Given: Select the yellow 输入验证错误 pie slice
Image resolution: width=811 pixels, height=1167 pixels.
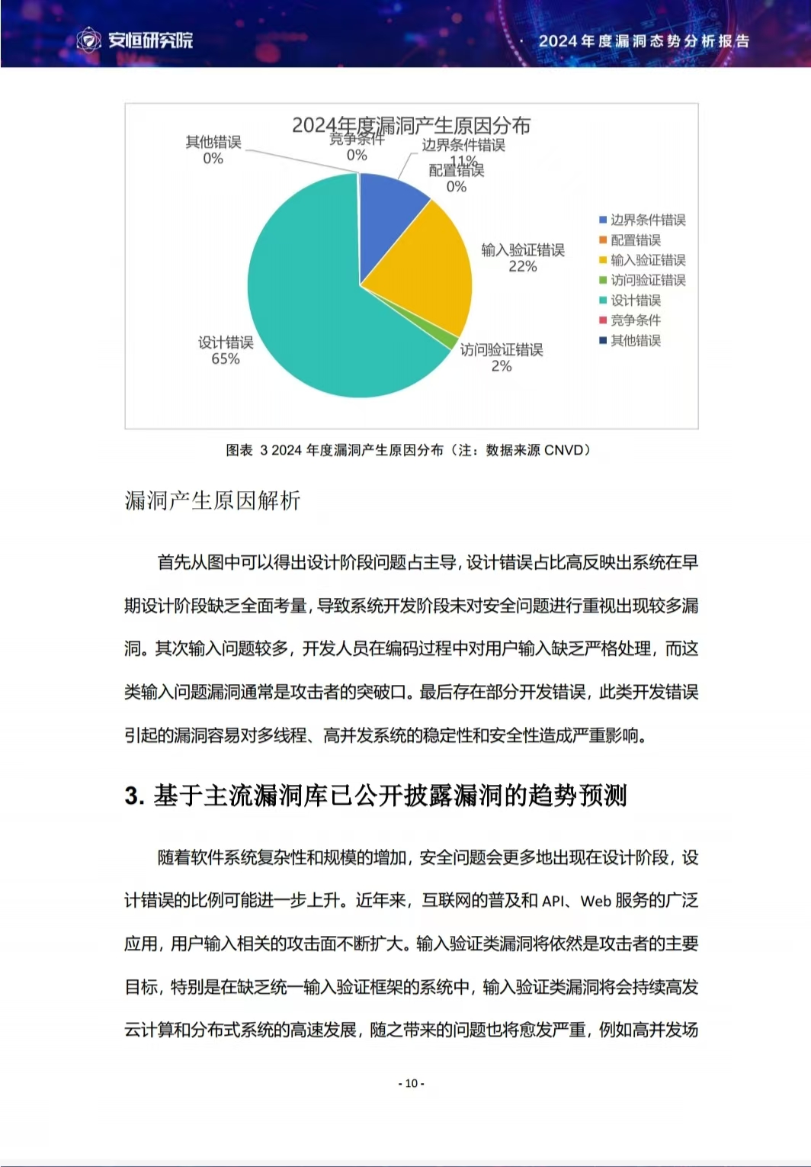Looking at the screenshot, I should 423,259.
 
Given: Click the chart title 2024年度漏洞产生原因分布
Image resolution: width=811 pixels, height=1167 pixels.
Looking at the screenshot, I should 411,124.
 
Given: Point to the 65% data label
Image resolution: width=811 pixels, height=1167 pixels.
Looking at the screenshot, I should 226,359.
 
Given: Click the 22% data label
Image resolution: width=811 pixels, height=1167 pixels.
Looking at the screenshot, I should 523,267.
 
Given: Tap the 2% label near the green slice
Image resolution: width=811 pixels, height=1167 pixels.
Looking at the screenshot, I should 502,367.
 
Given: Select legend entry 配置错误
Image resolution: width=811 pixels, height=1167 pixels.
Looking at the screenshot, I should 635,240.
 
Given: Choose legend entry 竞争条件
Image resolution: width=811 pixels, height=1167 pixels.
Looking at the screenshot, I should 635,320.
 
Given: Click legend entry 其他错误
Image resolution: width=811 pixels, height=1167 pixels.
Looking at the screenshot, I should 635,340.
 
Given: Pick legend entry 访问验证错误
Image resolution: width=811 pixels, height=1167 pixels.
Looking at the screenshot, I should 647,280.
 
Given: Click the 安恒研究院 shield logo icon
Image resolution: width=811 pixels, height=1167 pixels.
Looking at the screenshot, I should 89,40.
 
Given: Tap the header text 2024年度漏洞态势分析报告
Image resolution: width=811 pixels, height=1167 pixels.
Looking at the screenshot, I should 644,41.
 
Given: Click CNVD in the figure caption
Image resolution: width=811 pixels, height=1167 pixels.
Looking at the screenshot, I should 564,450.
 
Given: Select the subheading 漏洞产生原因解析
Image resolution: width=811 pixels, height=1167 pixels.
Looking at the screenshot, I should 213,500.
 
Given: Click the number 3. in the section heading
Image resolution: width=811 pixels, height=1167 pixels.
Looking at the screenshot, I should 134,796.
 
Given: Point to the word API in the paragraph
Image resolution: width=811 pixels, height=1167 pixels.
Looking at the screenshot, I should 553,901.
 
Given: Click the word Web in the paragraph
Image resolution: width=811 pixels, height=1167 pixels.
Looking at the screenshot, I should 595,901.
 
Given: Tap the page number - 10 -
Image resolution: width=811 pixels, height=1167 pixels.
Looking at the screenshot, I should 412,1083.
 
